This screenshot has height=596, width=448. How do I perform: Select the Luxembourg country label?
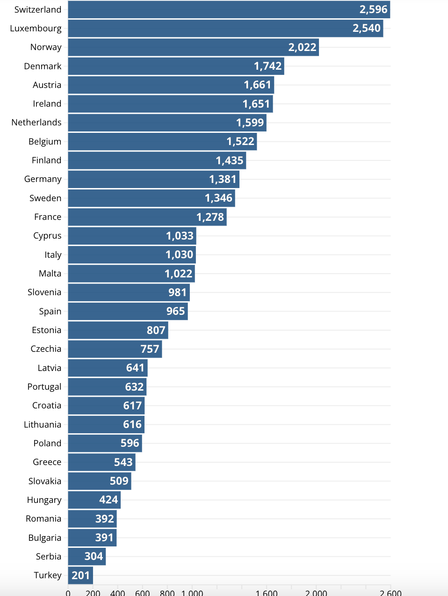tap(36, 29)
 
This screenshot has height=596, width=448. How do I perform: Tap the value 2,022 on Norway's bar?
tap(302, 47)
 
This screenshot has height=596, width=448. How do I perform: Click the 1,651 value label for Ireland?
tap(256, 104)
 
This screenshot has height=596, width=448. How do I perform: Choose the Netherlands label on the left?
tap(36, 123)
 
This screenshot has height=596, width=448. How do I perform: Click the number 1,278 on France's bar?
tap(210, 217)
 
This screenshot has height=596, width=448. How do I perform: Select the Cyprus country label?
tap(47, 236)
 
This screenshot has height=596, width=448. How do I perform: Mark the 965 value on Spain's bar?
tap(175, 311)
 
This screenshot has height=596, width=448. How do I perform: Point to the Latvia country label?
tap(50, 368)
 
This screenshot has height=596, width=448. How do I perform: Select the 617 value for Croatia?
tap(132, 406)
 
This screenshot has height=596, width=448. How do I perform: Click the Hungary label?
tap(44, 500)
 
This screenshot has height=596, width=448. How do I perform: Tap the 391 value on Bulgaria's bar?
tap(104, 538)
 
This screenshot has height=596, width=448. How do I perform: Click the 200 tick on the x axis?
tap(93, 592)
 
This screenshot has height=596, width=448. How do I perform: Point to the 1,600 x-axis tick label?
tap(267, 592)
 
